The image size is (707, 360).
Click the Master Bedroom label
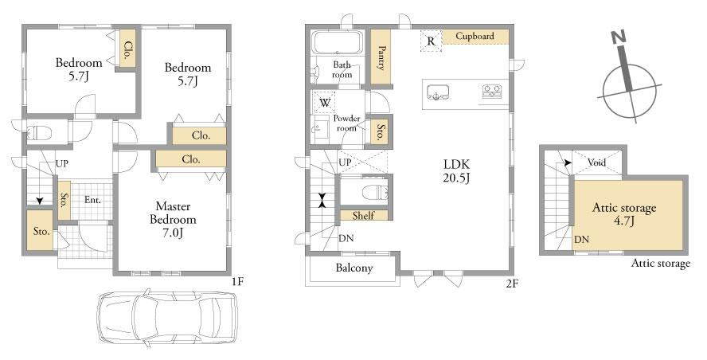coord(173,220)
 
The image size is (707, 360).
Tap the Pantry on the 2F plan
coord(380,57)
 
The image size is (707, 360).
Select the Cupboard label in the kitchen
coord(475,36)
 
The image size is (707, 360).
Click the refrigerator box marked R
coord(431,41)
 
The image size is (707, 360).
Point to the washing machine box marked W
coord(325,103)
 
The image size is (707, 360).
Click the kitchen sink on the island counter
coord(437,92)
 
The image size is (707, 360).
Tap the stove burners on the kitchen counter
coord(494,92)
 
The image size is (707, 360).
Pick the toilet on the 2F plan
coord(375,192)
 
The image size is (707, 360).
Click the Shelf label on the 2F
coord(363,216)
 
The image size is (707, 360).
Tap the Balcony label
coord(354,268)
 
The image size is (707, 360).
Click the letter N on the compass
coord(619,38)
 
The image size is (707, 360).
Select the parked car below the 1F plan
coord(167,317)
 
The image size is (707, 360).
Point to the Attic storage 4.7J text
coord(624,214)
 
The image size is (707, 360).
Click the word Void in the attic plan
coord(596,162)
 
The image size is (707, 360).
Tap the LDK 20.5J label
coord(457,171)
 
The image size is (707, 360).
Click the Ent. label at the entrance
coord(92,200)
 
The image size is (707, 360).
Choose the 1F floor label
coord(237,283)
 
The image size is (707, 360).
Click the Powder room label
coord(347,123)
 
